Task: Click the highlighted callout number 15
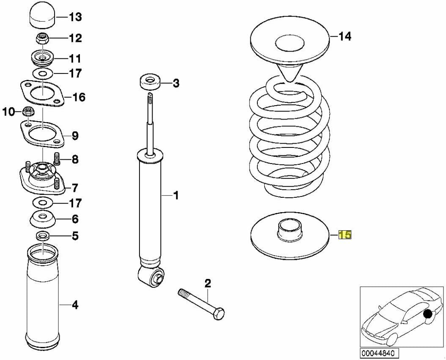pos(345,235)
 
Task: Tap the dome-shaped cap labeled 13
pos(42,16)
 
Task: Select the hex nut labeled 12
pos(43,38)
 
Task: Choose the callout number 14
pos(345,37)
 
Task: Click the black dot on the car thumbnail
pos(429,314)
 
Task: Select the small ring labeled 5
pos(43,235)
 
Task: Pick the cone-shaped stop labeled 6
pos(43,219)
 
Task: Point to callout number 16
pos(79,98)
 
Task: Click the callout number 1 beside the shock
pos(176,195)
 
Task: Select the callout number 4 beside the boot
pos(74,304)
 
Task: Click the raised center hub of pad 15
pos(290,230)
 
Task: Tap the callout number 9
pos(74,136)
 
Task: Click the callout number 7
pos(74,186)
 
